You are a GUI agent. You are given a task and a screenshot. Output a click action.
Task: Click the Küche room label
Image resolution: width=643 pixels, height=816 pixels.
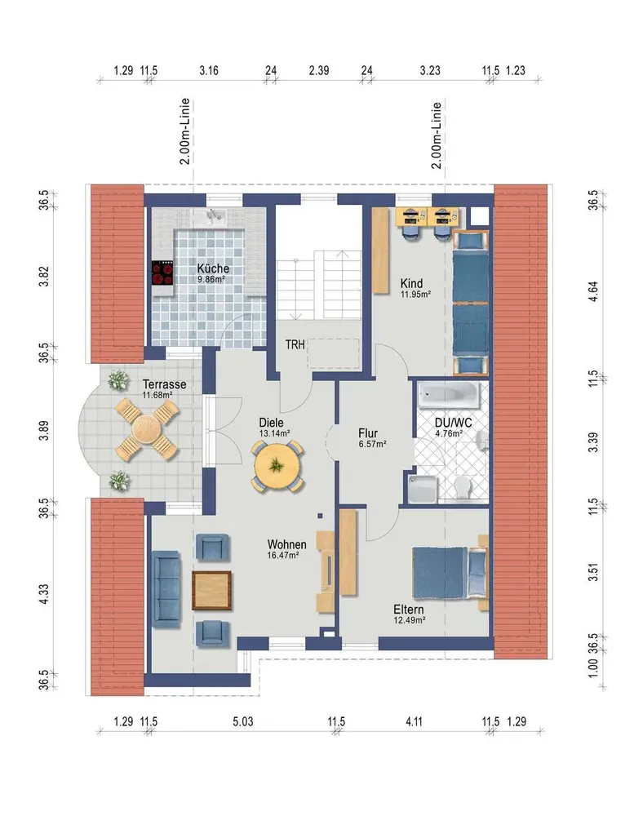[213, 268]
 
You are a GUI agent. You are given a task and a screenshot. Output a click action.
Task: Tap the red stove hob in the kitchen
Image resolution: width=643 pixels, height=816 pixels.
[162, 273]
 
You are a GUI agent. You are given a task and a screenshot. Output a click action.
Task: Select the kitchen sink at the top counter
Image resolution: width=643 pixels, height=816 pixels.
[213, 216]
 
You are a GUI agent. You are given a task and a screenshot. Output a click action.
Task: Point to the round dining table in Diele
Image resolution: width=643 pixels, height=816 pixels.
[277, 465]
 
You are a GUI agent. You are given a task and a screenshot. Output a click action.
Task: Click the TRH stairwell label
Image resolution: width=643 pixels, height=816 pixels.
[295, 344]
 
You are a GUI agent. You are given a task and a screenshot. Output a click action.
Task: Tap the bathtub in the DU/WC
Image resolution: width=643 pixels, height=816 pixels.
[449, 395]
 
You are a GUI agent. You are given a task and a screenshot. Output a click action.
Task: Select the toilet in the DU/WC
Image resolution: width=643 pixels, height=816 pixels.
[463, 489]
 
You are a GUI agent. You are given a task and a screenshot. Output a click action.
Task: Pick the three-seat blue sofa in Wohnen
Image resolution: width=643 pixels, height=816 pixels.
[166, 586]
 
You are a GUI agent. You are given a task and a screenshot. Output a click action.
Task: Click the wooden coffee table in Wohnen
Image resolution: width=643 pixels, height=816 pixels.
[211, 590]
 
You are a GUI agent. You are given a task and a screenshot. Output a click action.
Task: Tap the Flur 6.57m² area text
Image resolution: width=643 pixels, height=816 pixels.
[372, 444]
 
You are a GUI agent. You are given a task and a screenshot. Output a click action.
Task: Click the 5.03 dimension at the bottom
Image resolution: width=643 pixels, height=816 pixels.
[243, 722]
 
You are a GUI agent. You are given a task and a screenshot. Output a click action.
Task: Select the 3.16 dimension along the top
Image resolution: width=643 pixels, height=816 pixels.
[209, 70]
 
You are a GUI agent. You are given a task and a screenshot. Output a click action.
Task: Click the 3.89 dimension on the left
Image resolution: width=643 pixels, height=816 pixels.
[44, 430]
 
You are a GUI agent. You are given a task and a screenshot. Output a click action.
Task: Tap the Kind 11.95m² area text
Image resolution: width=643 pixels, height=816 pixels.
[415, 294]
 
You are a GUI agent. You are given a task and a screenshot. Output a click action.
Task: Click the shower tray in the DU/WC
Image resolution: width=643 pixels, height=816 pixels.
[423, 489]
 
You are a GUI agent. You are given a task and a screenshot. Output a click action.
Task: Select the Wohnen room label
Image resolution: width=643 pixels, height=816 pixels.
[286, 544]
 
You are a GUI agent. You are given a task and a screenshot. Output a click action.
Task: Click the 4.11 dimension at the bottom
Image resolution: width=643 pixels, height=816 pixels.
[414, 722]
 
